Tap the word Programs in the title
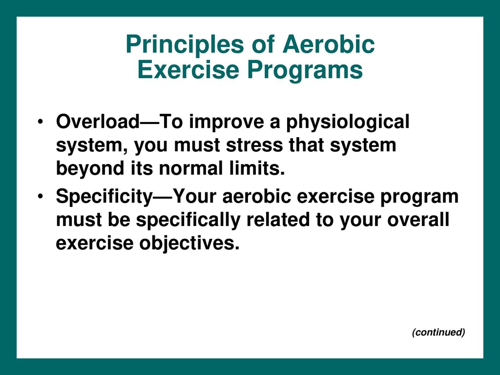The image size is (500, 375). point(305,70)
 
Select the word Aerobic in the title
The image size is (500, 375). point(329,44)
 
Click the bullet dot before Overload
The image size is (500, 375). point(40,122)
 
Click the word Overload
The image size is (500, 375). point(98,122)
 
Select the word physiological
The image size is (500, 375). point(348,123)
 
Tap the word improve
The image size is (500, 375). point(227,123)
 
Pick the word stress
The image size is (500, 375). point(254,146)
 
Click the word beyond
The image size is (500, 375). point(90,169)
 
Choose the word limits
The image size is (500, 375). point(257,168)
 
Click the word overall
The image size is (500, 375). point(418,220)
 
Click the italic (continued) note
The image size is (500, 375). point(438,332)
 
